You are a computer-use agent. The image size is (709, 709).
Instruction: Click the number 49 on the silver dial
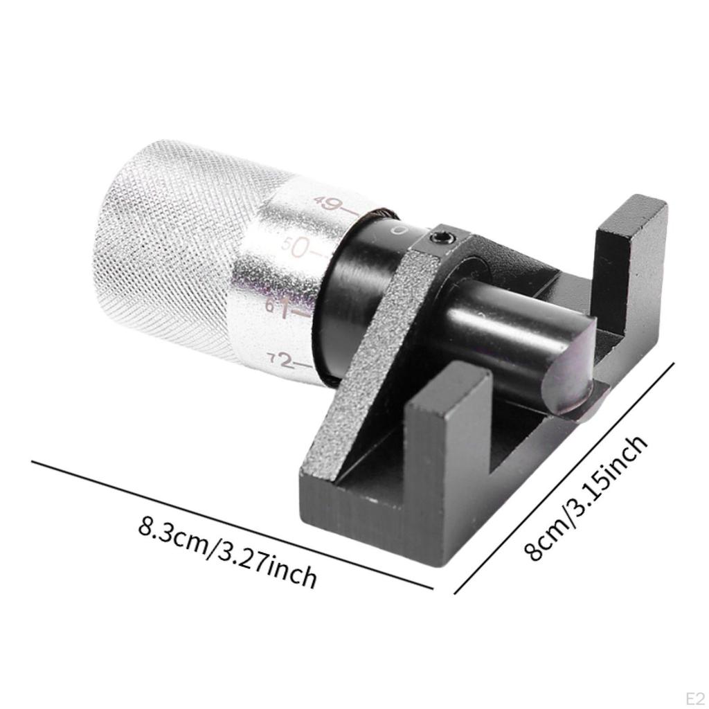327,204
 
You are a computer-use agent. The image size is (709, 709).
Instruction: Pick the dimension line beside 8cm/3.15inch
564,478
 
